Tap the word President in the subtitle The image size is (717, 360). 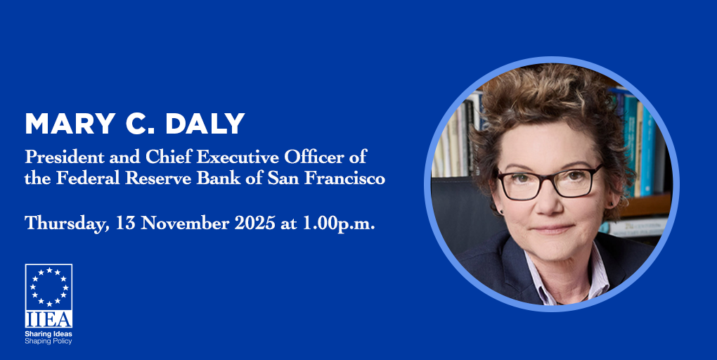(x=65, y=157)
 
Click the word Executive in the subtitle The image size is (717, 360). (x=238, y=157)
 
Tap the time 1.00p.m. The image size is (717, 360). (x=339, y=224)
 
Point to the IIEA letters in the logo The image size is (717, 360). (x=49, y=319)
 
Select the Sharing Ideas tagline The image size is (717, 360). (x=49, y=334)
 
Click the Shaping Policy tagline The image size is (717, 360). (x=49, y=341)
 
